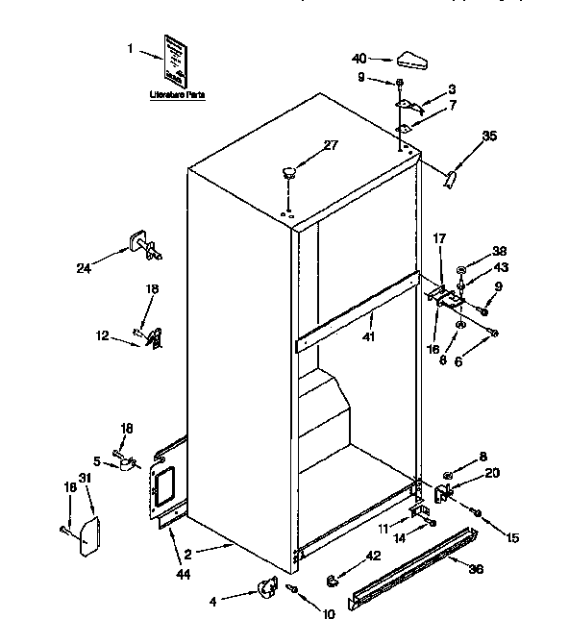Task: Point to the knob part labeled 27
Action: click(x=287, y=174)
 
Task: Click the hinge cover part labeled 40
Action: click(x=411, y=61)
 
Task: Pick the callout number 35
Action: click(x=489, y=136)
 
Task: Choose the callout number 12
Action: click(x=102, y=334)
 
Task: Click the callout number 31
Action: click(x=85, y=479)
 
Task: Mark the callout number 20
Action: click(x=493, y=472)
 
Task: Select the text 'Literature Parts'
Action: click(x=178, y=96)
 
